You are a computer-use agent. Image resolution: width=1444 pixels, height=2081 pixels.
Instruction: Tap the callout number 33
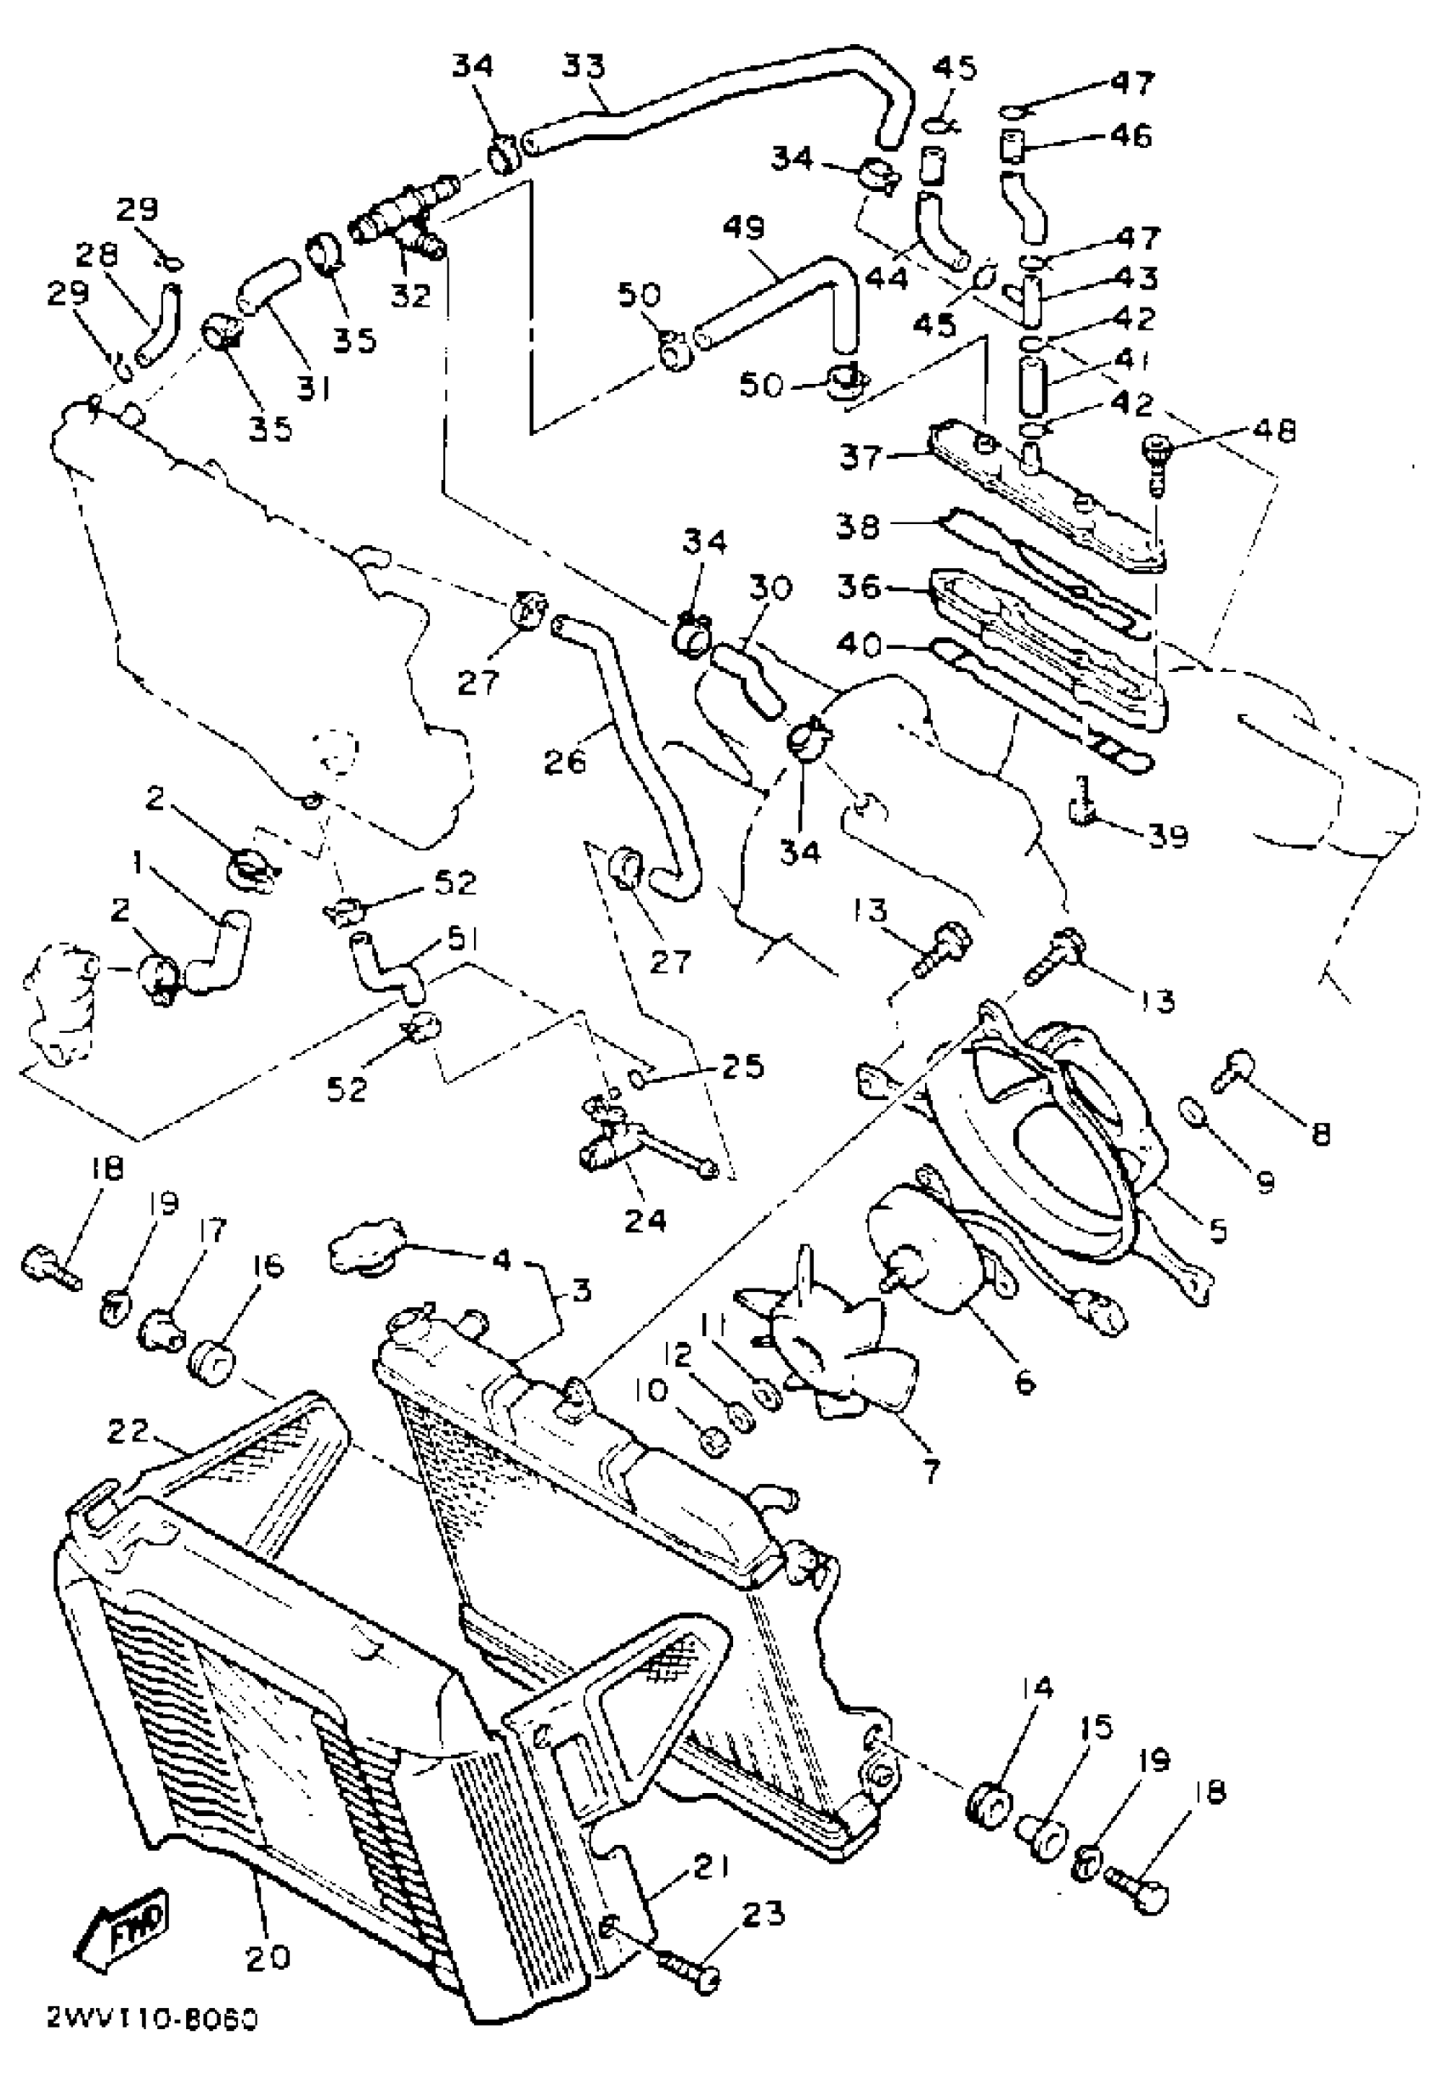pyautogui.click(x=584, y=67)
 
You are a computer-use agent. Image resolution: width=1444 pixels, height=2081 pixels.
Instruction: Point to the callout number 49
pyautogui.click(x=744, y=227)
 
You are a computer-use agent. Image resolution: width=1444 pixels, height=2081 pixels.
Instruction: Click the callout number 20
pyautogui.click(x=268, y=1957)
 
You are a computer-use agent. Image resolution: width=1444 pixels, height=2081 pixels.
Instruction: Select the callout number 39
pyautogui.click(x=1167, y=835)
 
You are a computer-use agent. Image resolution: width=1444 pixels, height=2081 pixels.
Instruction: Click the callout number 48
pyautogui.click(x=1274, y=431)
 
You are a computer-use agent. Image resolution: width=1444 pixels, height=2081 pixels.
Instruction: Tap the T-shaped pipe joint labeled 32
pyautogui.click(x=398, y=222)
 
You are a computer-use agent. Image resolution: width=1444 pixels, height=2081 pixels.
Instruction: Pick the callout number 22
pyautogui.click(x=127, y=1430)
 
